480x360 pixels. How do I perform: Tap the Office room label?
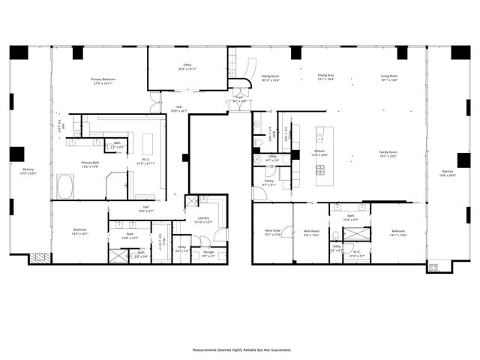tap(187, 66)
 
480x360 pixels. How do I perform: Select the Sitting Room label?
tap(270, 76)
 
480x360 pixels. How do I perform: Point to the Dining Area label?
tap(325, 76)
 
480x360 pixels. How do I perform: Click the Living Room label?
tap(388, 76)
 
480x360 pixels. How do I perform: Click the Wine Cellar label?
tap(272, 231)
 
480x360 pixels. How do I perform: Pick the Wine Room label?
tap(311, 231)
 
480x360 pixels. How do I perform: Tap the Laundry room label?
tap(204, 218)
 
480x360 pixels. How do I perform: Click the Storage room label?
tap(208, 253)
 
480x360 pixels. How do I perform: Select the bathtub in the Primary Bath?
tap(65, 187)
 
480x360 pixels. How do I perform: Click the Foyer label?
tap(239, 97)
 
